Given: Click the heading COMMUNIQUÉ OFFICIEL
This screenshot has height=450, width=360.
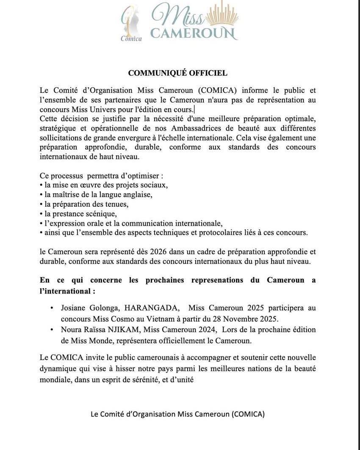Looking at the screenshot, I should coord(178,73).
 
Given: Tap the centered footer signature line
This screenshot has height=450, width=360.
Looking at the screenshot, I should coord(178,414).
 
